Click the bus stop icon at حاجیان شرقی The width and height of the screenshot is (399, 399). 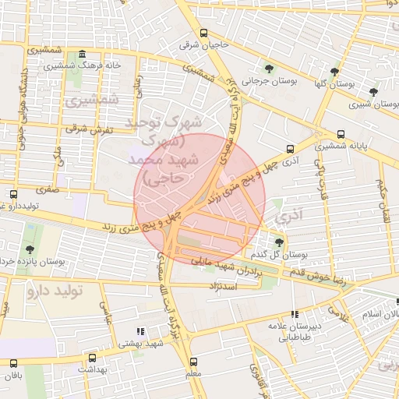pos(203,33)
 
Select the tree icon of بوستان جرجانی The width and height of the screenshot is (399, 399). pos(269,68)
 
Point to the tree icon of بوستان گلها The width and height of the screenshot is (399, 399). pos(335,71)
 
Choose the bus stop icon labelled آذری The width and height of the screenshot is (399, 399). pos(290,149)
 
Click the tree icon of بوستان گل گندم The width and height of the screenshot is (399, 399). pos(279,242)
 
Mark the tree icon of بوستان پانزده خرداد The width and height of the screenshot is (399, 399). pos(30,249)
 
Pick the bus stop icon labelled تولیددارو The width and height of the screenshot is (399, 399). pos(13,194)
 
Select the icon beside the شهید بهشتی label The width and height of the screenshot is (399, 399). pos(141,331)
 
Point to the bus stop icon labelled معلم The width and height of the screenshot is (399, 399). pos(193,362)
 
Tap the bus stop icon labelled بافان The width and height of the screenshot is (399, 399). pos(13,363)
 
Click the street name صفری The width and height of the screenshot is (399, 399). pos(46,189)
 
